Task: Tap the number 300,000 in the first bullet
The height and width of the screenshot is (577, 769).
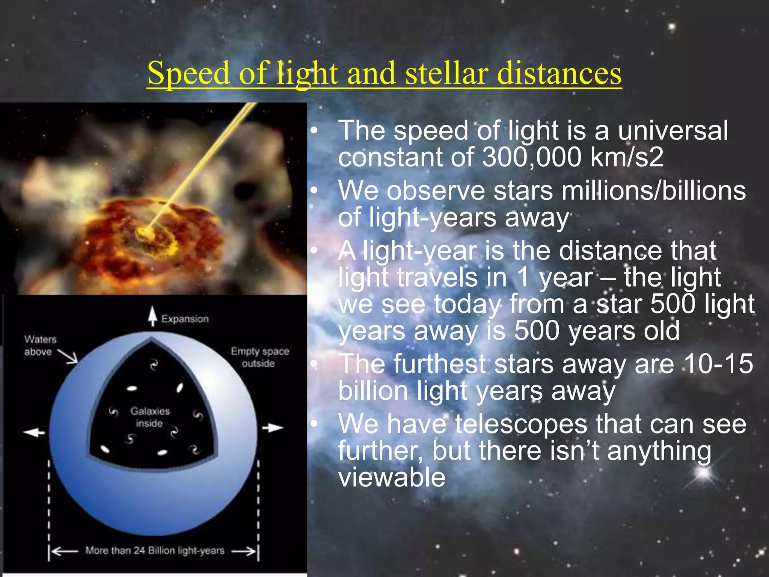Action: [x=531, y=157]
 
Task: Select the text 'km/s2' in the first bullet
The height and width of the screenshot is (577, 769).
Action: [x=627, y=157]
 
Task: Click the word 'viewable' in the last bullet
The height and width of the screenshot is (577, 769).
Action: [x=392, y=478]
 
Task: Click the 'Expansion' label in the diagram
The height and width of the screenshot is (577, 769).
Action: [x=185, y=319]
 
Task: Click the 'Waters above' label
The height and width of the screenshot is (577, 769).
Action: [x=40, y=345]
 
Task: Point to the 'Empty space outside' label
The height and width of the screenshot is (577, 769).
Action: [x=259, y=357]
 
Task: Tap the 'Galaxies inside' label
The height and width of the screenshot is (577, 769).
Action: [x=150, y=417]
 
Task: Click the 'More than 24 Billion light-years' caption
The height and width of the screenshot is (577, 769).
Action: [x=155, y=550]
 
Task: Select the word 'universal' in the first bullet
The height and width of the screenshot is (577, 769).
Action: [x=672, y=131]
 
